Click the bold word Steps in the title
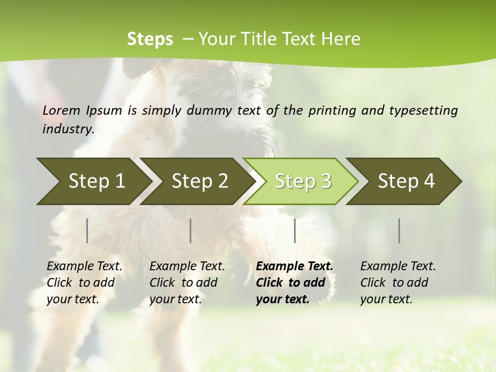(x=150, y=39)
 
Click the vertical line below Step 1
(x=87, y=230)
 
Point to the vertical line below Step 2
(x=191, y=230)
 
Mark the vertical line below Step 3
(x=295, y=230)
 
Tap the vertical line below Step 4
(x=399, y=230)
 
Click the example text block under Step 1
(x=84, y=283)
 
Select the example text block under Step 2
(x=187, y=283)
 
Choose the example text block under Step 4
(x=398, y=283)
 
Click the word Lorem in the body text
(x=61, y=110)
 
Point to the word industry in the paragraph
(x=68, y=129)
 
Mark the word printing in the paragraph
(x=331, y=111)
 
